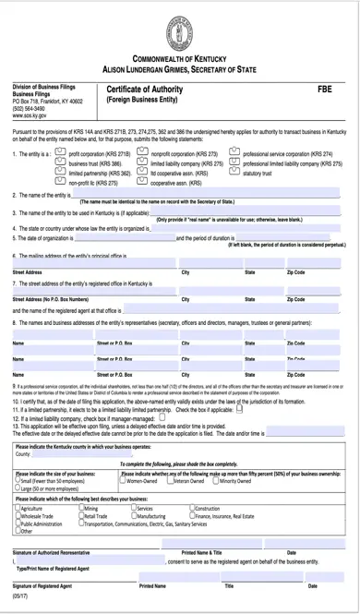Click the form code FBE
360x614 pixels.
pos(324,89)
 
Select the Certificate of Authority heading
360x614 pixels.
pos(144,89)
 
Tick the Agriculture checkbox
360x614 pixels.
pos(18,509)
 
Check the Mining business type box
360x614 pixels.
pos(82,509)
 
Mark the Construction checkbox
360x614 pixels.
pos(192,509)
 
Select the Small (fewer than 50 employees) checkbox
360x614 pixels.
pos(18,481)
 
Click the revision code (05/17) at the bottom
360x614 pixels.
pos(20,597)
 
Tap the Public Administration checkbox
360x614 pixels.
pos(18,524)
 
